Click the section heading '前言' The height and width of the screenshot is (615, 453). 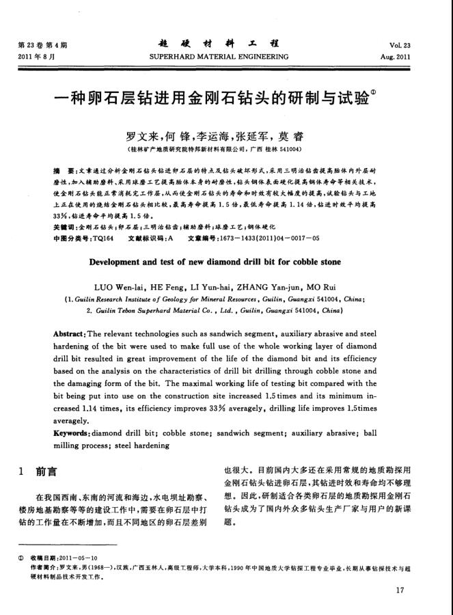pyautogui.click(x=46, y=471)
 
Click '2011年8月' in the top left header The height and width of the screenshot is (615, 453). pyautogui.click(x=36, y=56)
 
